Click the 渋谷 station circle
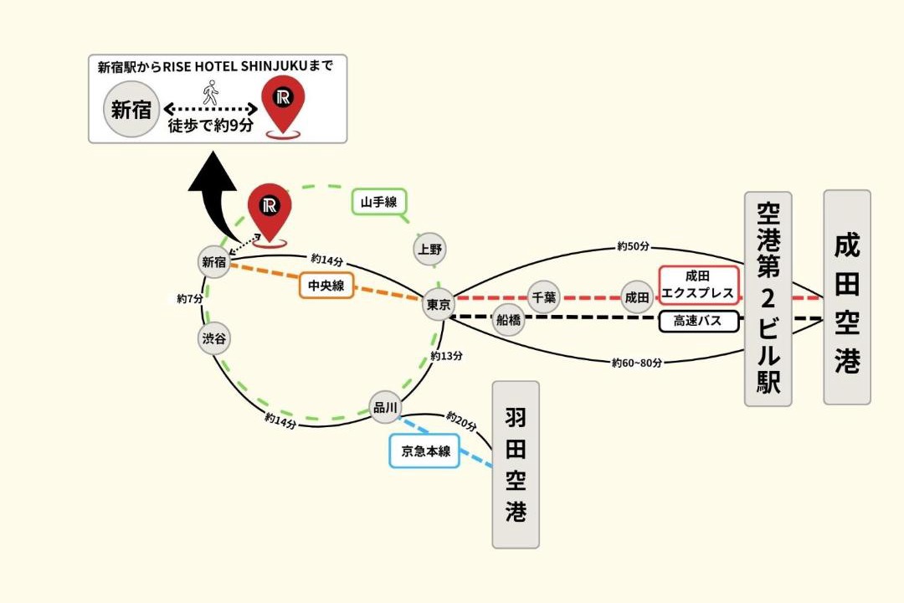point(214,338)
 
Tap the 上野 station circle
point(430,250)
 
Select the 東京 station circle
point(439,304)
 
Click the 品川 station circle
point(385,407)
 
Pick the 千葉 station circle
point(544,297)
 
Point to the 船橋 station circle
point(509,319)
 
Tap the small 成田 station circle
point(637,298)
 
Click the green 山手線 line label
point(379,202)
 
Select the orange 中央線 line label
point(326,285)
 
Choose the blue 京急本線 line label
point(425,451)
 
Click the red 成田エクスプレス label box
point(698,285)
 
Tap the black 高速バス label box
point(699,321)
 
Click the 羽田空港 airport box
point(516,465)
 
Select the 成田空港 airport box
point(847,297)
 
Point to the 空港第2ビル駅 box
point(768,299)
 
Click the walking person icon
point(211,92)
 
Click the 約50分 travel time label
point(633,246)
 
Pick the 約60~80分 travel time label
point(636,363)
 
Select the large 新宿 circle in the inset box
point(131,110)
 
